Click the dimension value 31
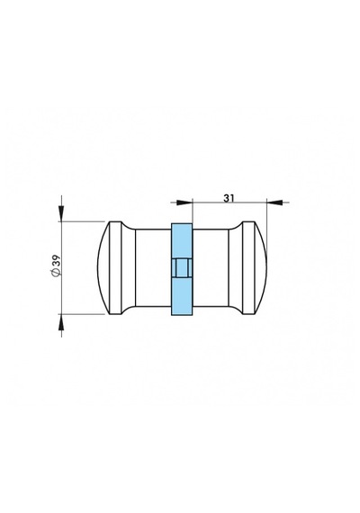click(x=229, y=198)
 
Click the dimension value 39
click(x=56, y=261)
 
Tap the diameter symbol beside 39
click(x=56, y=273)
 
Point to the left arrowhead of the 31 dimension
click(x=184, y=202)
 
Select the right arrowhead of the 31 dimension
click(x=274, y=202)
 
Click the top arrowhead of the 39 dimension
click(x=61, y=213)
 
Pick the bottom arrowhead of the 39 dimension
click(x=61, y=321)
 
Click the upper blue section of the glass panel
click(x=182, y=240)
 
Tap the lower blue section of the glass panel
click(x=182, y=296)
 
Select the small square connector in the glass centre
click(x=182, y=268)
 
